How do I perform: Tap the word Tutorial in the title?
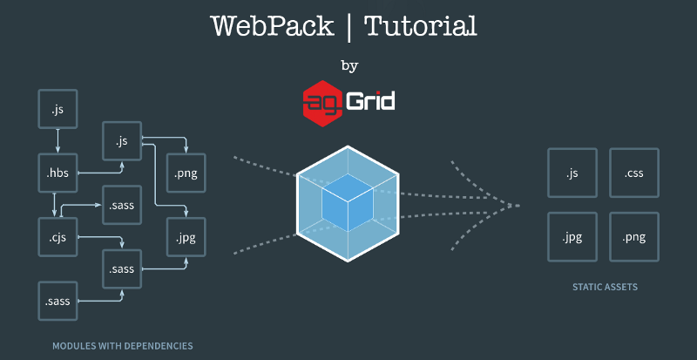[x=420, y=26]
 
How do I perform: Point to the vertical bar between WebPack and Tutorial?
[x=349, y=27]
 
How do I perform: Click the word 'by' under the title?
[x=348, y=66]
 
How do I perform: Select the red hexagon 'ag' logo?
[x=320, y=101]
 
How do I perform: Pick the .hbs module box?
[x=58, y=173]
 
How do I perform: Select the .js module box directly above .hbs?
[x=58, y=110]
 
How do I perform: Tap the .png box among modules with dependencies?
[x=186, y=173]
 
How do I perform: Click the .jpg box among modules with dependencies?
[x=186, y=235]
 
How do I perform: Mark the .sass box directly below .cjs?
[x=58, y=302]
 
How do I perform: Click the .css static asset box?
[x=633, y=173]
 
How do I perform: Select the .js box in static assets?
[x=572, y=173]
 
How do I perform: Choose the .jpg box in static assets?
[x=572, y=236]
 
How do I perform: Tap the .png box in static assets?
[x=633, y=236]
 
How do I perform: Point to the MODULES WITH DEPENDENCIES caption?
[x=123, y=346]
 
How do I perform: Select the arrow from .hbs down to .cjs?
[x=55, y=204]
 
